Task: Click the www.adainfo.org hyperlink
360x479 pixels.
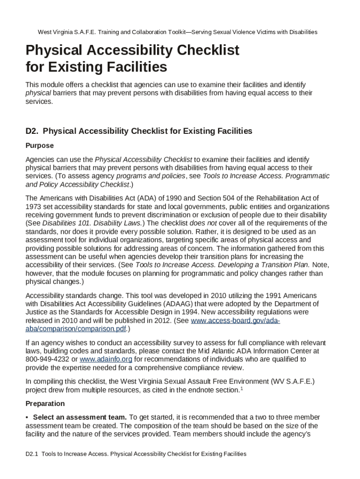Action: [106, 359]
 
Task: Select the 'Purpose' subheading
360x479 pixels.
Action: [40, 145]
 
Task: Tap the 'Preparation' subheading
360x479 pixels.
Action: [45, 404]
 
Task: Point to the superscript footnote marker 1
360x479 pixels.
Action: [241, 388]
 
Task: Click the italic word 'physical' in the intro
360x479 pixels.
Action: [38, 93]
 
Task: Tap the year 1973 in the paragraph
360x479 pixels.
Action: [34, 206]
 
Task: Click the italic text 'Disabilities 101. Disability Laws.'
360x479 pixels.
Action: [91, 223]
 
